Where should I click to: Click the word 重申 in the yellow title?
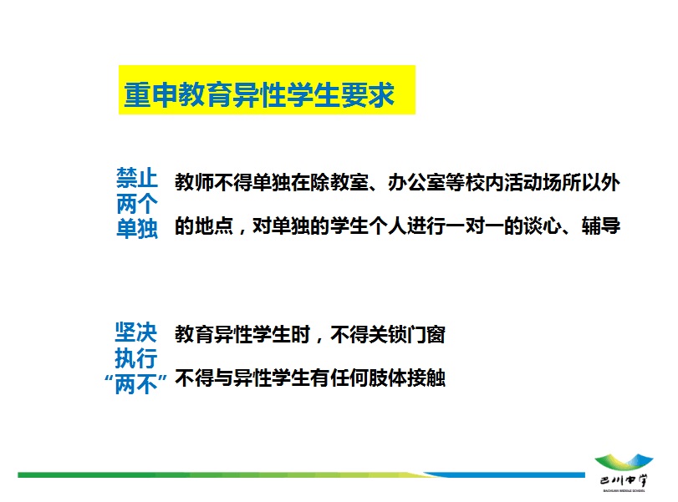[x=150, y=94]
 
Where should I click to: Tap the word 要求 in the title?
[x=368, y=94]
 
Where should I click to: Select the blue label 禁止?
[x=136, y=178]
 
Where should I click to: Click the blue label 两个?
[x=136, y=204]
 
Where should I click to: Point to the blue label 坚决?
[x=135, y=332]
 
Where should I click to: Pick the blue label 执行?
[x=135, y=357]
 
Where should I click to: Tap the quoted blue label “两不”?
[x=135, y=383]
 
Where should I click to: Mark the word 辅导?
[x=600, y=226]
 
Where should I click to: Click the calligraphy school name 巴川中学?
[x=624, y=480]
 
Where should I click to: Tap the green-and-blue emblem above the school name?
[x=624, y=462]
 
